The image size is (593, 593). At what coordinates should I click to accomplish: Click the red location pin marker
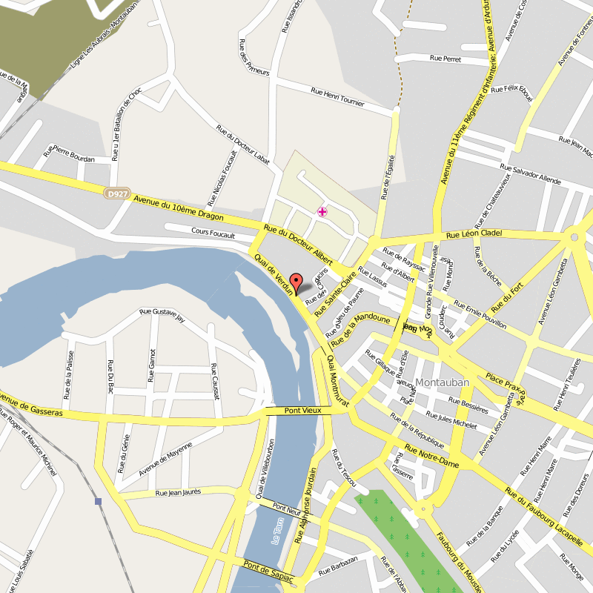296,283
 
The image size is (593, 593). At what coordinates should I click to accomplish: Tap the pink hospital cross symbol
322,212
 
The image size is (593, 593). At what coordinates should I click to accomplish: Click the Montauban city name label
443,382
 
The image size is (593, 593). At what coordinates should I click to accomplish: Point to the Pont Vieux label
302,411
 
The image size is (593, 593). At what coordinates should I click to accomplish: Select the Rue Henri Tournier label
338,97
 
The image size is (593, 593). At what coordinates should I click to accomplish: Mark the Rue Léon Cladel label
474,235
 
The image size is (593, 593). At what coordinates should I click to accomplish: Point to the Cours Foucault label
213,233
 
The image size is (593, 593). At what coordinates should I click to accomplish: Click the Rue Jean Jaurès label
178,492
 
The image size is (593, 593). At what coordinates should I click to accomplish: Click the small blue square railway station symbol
99,502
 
